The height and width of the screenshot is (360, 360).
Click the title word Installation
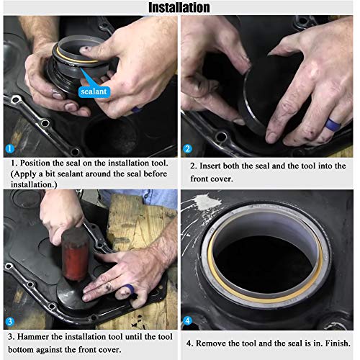coord(179,8)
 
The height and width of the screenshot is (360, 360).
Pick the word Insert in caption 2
coord(212,165)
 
